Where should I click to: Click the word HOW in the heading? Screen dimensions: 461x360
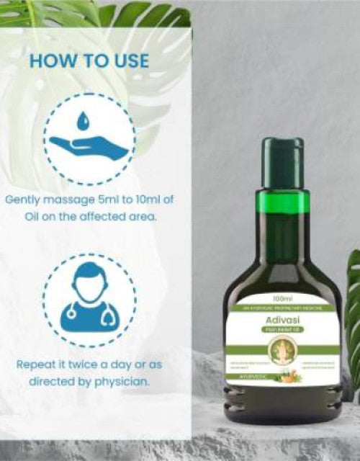pos(52,61)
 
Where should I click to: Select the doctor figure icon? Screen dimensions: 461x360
pos(88,303)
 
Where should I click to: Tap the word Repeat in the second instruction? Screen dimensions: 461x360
pos(36,365)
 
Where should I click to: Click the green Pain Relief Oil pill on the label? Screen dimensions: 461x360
pos(282,330)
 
